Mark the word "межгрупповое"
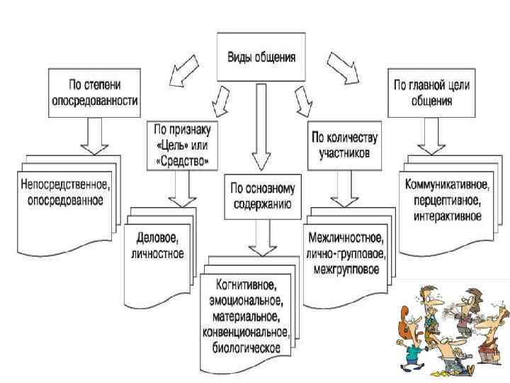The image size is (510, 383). click(x=344, y=269)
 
